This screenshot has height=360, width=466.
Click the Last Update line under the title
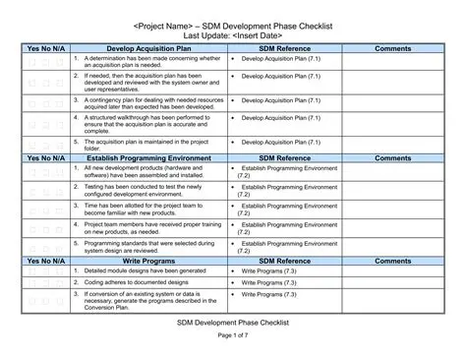[233, 33]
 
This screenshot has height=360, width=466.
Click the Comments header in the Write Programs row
[393, 261]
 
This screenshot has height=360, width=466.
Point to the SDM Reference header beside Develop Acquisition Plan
[284, 48]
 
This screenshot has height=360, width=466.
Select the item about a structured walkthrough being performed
[147, 122]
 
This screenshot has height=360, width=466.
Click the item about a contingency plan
[147, 101]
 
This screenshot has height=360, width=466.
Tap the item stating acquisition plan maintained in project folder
[147, 144]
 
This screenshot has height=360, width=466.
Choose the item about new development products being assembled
[147, 171]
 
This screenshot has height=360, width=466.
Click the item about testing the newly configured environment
[147, 189]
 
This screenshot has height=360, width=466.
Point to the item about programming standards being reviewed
[147, 245]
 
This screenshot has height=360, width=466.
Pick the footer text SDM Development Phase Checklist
[233, 321]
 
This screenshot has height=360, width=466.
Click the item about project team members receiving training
[147, 226]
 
